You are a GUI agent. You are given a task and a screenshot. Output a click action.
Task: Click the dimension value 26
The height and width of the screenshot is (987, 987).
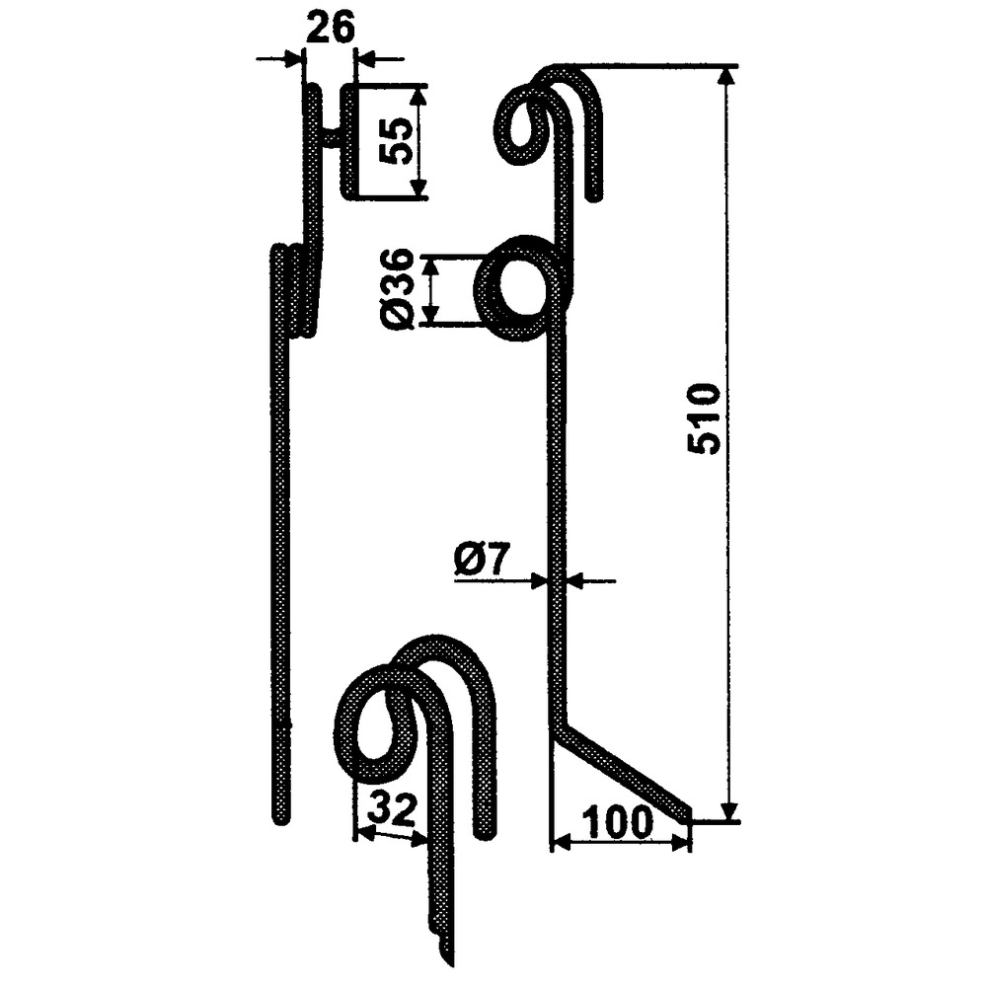pos(330,29)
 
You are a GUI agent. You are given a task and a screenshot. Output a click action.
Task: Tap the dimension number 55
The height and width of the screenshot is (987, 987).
pos(395,142)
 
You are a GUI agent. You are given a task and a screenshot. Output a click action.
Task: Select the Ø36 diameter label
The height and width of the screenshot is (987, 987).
pos(397,290)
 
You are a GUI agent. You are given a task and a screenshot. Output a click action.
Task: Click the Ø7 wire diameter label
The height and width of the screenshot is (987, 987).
pos(481,565)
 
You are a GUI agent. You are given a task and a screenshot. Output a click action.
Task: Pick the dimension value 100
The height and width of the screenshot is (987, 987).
pos(618,822)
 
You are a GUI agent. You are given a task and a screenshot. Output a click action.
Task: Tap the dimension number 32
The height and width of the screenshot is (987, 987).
pos(391,811)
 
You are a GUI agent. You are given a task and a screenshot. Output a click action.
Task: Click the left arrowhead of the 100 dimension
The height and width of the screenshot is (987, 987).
pos(559,842)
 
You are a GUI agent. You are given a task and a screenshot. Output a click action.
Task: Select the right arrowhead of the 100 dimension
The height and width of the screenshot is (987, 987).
pos(681,842)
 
